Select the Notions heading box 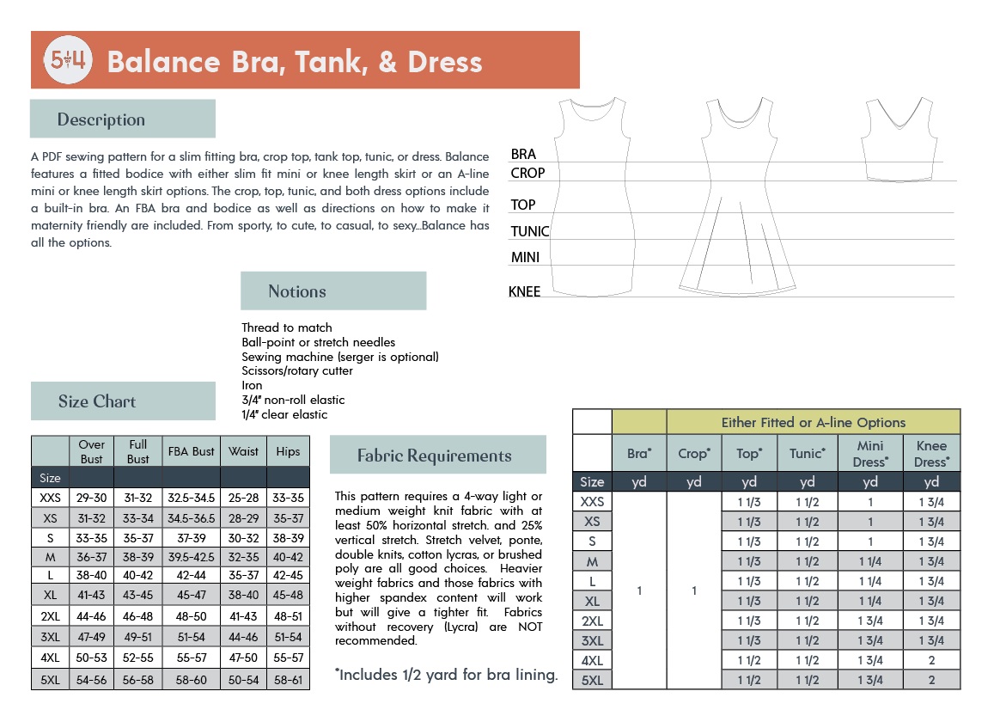click(333, 291)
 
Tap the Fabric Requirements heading click(437, 456)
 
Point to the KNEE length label click(525, 292)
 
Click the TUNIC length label click(530, 231)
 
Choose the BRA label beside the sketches click(523, 155)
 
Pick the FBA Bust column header click(191, 451)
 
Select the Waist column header click(243, 451)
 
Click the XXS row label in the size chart click(50, 497)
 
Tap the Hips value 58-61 click(288, 679)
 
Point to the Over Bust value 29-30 click(92, 497)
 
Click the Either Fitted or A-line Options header click(813, 422)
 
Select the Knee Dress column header click(931, 454)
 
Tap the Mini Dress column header click(869, 454)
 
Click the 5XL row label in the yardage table click(592, 680)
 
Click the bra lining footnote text click(446, 675)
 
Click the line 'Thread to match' click(287, 327)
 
